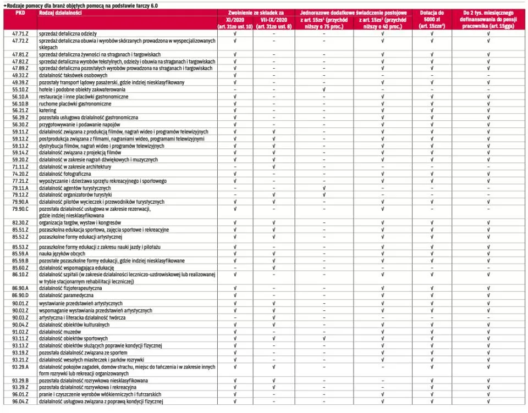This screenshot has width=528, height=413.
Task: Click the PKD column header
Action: click(x=20, y=12)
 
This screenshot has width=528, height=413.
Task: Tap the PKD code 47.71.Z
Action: click(x=20, y=34)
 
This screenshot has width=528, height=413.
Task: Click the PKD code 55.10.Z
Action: click(x=20, y=89)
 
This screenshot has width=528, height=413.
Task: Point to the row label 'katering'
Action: click(x=48, y=110)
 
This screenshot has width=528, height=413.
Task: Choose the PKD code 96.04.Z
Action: click(x=20, y=401)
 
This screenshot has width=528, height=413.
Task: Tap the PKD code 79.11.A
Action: click(x=20, y=188)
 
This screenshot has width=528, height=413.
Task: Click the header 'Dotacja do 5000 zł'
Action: click(x=432, y=15)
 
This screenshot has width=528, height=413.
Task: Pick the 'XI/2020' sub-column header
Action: click(x=235, y=19)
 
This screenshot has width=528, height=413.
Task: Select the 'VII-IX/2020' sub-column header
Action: click(x=274, y=19)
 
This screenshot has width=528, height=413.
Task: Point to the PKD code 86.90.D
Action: click(x=20, y=295)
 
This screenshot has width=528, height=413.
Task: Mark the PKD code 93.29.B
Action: click(x=20, y=381)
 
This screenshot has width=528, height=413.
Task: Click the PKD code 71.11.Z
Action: click(x=20, y=166)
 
